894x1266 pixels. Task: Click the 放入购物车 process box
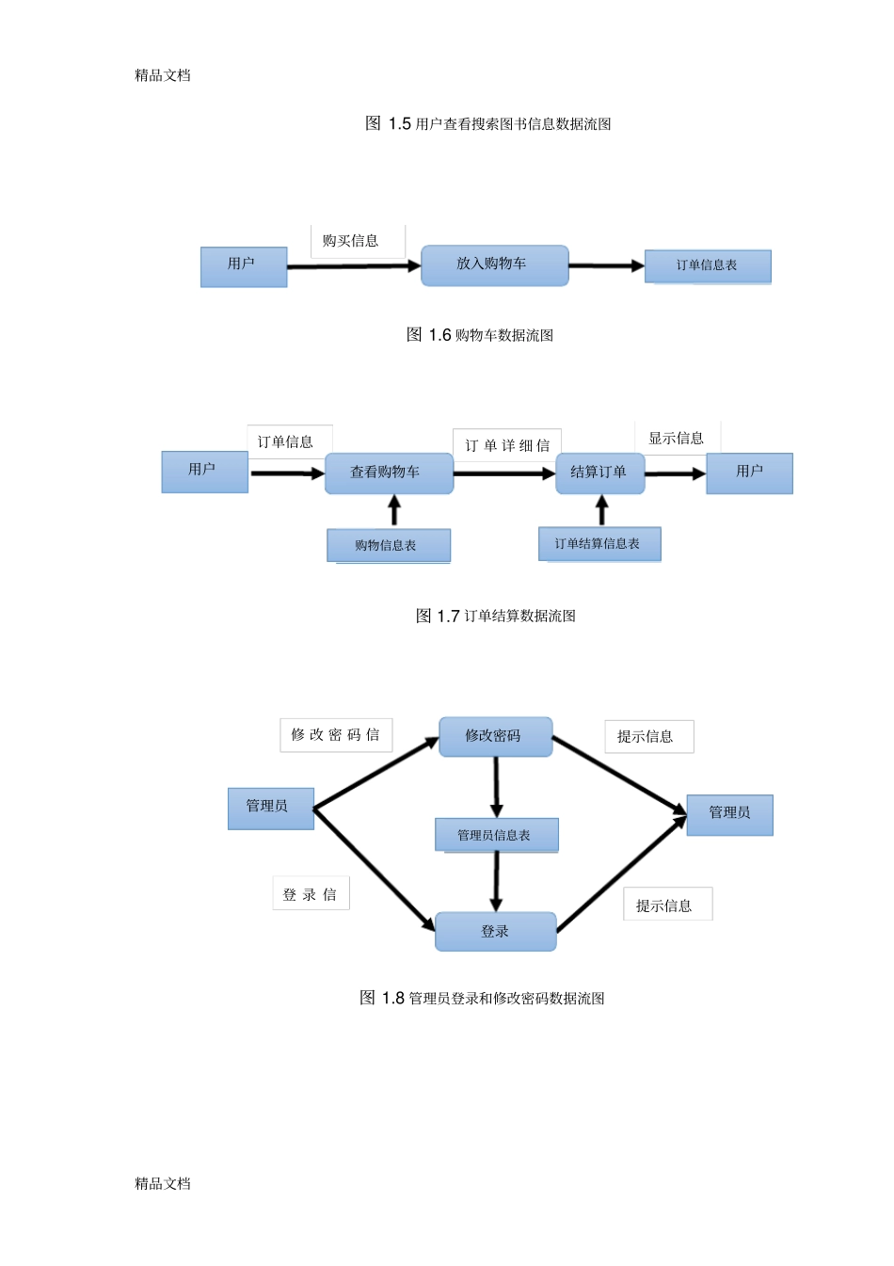494,265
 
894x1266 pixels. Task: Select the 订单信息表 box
708,266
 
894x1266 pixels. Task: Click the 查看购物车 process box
389,473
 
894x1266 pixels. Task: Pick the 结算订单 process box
599,473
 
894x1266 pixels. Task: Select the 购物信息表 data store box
388,546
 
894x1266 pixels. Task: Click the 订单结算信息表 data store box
599,544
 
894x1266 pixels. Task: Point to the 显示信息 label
677,439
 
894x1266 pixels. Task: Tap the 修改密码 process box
495,737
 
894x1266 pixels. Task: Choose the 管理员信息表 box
496,835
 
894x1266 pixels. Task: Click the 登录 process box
495,932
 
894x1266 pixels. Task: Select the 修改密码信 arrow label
335,735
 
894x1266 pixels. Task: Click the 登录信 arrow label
311,894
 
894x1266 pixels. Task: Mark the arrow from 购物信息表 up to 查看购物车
395,511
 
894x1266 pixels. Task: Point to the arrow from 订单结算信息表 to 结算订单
602,510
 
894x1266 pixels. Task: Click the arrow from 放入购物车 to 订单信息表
606,266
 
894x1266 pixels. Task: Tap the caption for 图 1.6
480,335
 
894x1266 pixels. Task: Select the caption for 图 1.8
482,999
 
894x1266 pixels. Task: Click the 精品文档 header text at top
163,75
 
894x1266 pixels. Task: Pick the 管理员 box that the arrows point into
729,815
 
